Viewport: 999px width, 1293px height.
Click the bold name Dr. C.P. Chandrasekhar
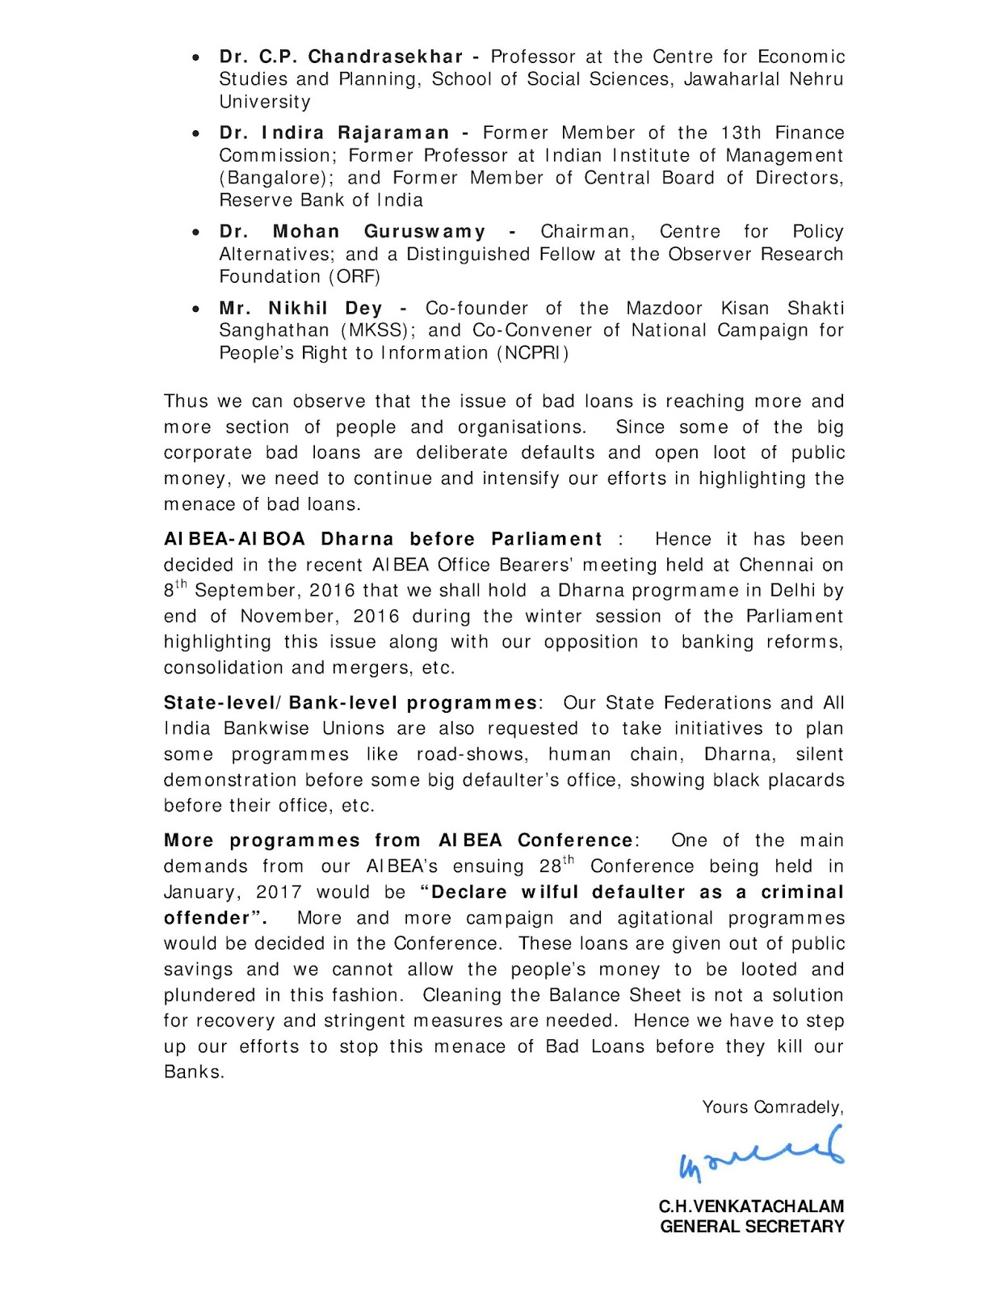[341, 57]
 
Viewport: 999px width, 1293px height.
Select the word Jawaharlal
[729, 79]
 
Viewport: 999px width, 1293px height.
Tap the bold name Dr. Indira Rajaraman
[334, 133]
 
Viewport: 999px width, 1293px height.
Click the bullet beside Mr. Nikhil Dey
[196, 309]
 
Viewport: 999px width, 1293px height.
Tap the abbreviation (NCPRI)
[533, 353]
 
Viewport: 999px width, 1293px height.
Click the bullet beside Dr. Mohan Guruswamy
[196, 233]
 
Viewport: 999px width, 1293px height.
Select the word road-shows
[471, 755]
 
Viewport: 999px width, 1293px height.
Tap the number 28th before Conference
[556, 866]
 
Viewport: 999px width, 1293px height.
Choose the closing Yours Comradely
[772, 1107]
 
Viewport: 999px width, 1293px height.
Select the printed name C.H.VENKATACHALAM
[751, 1207]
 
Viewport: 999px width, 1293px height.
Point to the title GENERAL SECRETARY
[752, 1227]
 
